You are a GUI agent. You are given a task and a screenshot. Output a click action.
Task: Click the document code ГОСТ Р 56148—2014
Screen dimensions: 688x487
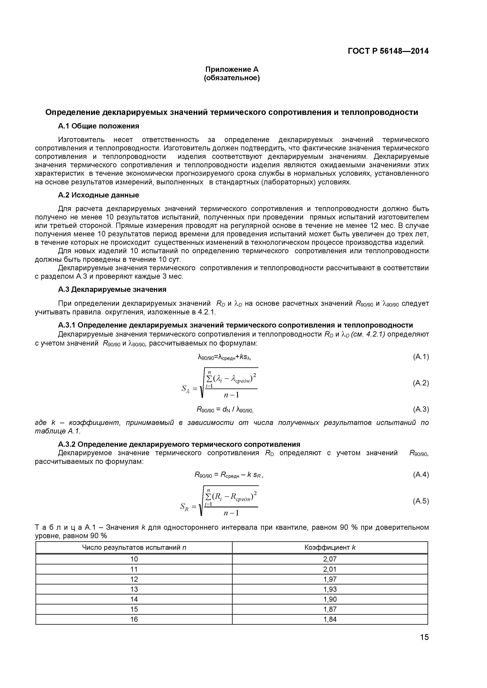388,51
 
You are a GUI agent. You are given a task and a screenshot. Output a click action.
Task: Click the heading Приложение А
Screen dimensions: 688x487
231,69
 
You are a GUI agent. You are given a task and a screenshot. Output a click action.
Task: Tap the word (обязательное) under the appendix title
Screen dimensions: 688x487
231,78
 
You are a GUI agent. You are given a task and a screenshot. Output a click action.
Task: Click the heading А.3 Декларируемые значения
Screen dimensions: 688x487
112,289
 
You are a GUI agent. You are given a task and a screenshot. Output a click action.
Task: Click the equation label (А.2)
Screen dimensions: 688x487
421,383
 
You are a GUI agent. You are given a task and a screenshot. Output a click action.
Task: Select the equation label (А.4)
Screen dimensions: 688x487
421,474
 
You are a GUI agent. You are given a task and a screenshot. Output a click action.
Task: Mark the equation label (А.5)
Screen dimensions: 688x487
421,501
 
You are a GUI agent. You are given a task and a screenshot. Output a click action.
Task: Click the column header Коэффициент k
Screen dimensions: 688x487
330,547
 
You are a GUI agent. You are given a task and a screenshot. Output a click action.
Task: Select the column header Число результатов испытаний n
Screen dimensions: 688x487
134,547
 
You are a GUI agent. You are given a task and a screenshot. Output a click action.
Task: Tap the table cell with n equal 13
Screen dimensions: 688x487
134,589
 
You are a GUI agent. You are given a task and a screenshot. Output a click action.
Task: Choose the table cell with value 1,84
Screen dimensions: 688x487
330,619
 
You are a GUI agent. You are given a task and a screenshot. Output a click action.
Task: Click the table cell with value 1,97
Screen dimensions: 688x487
330,579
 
